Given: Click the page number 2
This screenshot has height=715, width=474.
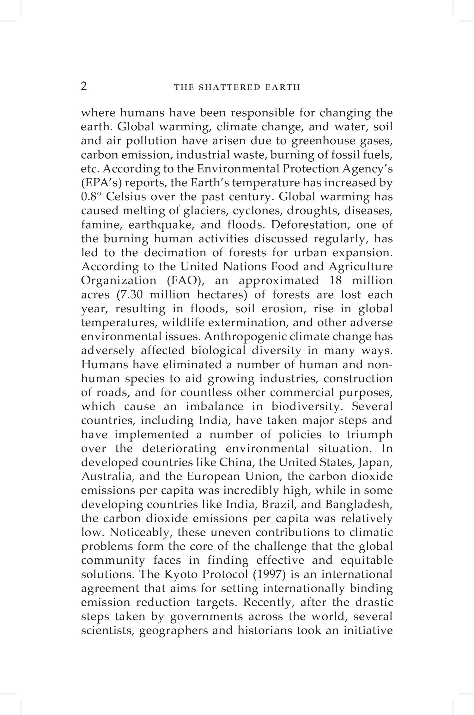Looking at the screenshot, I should pyautogui.click(x=84, y=86).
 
